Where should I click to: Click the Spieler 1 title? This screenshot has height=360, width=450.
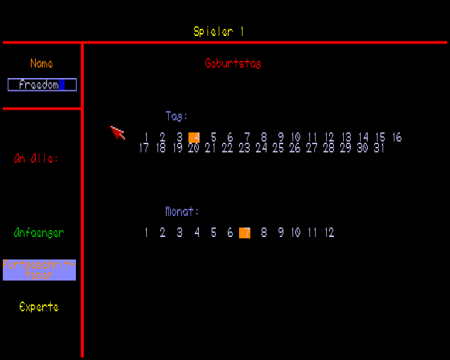[219, 32]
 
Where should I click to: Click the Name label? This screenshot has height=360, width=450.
[41, 64]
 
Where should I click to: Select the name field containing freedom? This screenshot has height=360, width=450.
[41, 85]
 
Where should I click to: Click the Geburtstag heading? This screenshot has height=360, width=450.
[233, 63]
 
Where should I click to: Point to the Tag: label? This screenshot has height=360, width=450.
[176, 116]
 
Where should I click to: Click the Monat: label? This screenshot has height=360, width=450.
[182, 211]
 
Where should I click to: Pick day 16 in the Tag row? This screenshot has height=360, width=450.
[397, 137]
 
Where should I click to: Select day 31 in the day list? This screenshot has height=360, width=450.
[379, 148]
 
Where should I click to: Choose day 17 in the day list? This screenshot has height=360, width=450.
[144, 148]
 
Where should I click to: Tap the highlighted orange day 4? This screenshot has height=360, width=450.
[195, 137]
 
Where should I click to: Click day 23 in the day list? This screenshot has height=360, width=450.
[244, 148]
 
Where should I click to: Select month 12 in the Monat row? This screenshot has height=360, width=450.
[329, 233]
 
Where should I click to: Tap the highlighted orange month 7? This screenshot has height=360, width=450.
[245, 233]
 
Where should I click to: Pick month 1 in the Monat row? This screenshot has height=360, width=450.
[146, 233]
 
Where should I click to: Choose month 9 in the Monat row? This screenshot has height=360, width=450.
[280, 233]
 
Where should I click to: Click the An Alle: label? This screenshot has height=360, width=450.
[36, 158]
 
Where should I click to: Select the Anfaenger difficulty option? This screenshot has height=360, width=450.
[39, 233]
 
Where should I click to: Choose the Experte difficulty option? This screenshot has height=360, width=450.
[39, 307]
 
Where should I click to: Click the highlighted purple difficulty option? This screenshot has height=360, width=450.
[39, 270]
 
